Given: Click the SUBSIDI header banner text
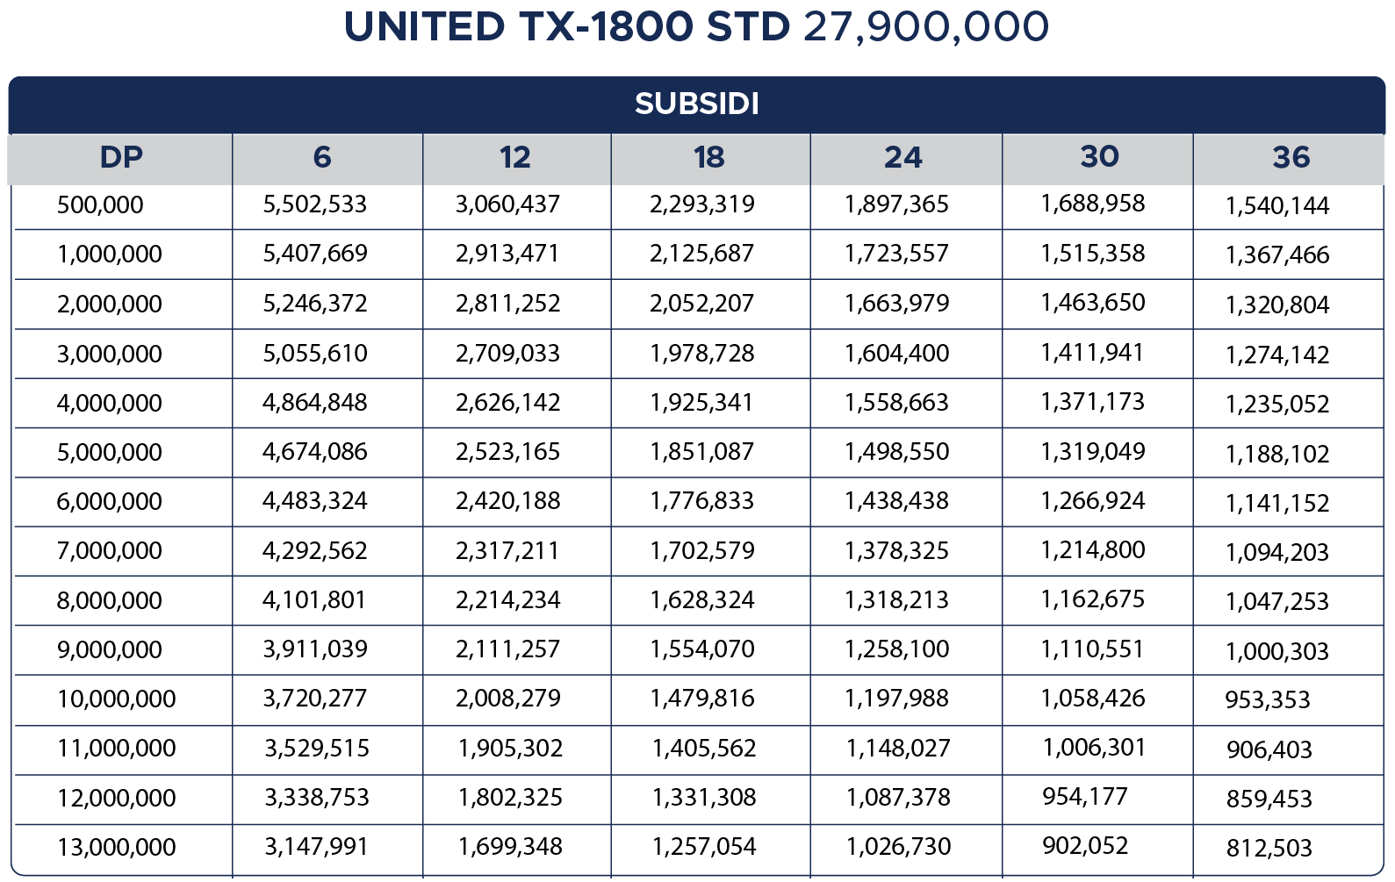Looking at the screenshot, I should [x=697, y=104].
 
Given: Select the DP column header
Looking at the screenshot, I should [x=121, y=157].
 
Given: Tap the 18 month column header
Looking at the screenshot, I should [x=709, y=157].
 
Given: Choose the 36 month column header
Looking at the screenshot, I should [x=1291, y=157].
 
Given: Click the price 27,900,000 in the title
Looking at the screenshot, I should [x=925, y=26].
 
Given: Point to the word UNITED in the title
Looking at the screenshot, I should [x=424, y=26].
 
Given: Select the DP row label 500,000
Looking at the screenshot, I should [x=100, y=205].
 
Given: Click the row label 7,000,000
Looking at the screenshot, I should [x=110, y=551].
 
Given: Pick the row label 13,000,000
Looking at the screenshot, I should [x=117, y=848].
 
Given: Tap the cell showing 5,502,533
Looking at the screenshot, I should [x=315, y=204].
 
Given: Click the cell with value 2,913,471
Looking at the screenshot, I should [x=507, y=254].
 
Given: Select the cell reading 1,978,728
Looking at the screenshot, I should [x=702, y=354].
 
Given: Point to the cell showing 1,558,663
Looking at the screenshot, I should [x=896, y=403].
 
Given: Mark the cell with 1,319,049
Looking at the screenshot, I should [x=1093, y=452].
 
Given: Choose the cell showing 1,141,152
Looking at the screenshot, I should [x=1277, y=504].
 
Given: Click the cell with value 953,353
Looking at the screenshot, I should [x=1268, y=700].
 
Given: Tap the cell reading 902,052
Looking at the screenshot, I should [x=1085, y=846].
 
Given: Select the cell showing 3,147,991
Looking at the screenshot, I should [x=317, y=847].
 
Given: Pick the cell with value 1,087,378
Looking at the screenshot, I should [x=898, y=798].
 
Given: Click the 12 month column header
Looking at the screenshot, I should [x=515, y=157].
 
